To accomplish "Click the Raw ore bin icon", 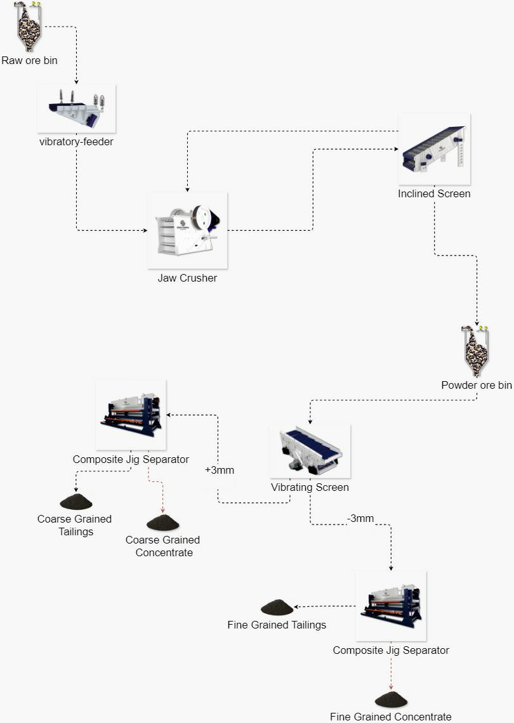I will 29,27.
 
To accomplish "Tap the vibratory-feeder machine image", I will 76,108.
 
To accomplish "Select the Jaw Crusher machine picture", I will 187,230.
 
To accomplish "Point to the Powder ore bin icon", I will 475,351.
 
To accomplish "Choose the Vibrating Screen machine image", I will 310,451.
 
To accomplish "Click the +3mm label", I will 220,471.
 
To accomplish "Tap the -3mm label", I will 360,519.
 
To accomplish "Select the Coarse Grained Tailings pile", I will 76,502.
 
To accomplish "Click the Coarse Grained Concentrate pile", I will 162,523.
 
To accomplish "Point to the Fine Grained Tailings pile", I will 277,608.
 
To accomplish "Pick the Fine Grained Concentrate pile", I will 391,700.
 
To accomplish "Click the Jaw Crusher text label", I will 187,278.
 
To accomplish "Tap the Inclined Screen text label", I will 434,193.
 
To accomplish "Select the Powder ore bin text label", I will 477,385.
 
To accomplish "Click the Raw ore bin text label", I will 29,61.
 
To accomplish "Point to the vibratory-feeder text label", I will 76,141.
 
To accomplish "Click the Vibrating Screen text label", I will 310,488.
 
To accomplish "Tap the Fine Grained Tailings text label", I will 277,625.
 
